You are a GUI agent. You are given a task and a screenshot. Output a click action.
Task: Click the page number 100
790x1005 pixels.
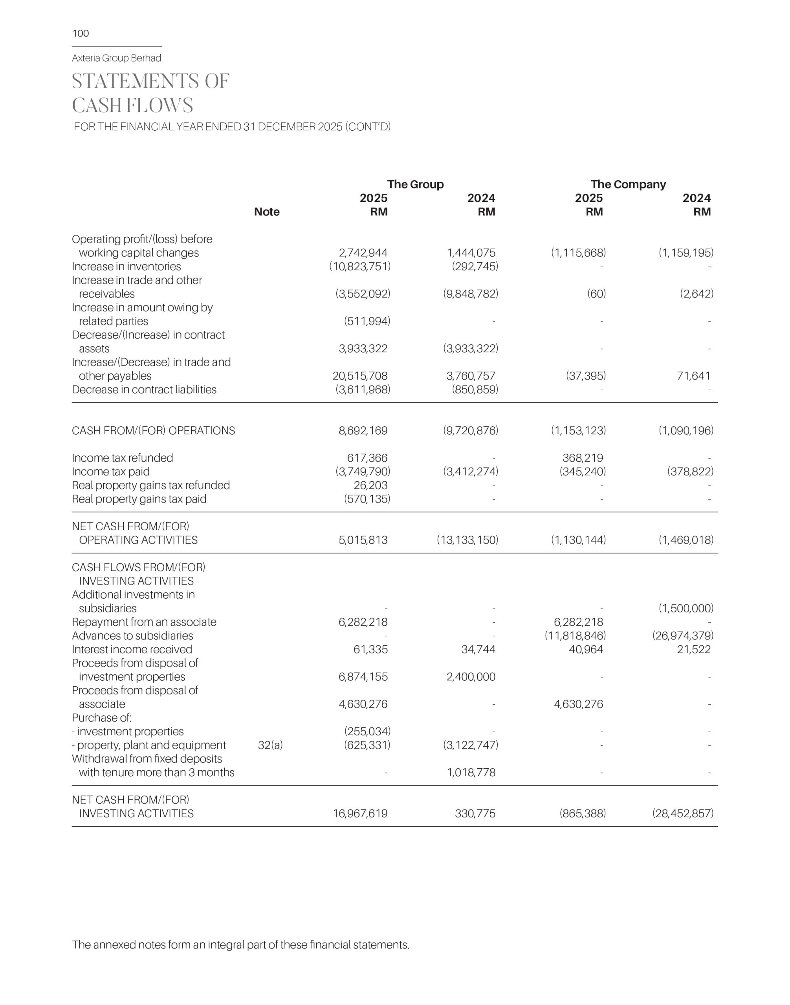coord(81,33)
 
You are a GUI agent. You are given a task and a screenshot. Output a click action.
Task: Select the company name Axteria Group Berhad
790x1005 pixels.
coord(117,58)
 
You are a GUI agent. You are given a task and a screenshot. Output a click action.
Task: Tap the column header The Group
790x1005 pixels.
coord(415,185)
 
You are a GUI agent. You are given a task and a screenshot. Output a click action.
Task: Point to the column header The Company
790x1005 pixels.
coord(628,185)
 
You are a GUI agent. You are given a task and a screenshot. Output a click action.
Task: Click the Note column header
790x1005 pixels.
coord(267,212)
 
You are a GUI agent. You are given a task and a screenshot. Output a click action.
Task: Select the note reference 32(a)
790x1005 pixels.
coord(270,745)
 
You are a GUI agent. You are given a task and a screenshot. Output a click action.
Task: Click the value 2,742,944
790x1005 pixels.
coord(363,253)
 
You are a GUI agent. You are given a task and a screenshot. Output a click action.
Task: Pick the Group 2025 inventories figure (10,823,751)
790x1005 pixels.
coord(360,267)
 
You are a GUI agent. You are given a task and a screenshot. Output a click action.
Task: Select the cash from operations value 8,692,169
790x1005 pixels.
coord(363,431)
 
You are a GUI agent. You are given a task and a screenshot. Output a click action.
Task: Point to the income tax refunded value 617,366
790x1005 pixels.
coord(367,458)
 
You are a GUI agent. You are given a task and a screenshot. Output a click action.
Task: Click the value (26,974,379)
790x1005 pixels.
coord(683,636)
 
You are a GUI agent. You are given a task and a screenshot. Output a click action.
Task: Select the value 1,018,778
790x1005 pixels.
coord(471,773)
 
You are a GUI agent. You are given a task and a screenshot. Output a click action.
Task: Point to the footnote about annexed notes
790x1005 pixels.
coord(240,945)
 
